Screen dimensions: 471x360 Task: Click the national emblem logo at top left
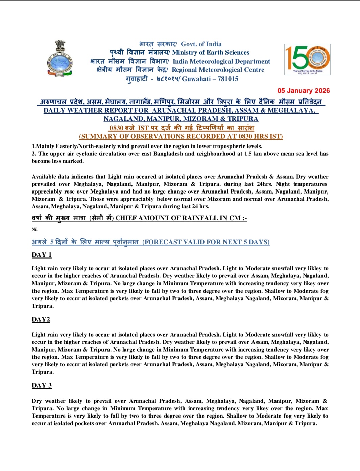tap(59, 58)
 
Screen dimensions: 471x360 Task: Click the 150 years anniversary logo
tap(307, 59)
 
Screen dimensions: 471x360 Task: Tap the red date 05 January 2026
tap(303, 91)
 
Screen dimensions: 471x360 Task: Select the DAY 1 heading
tap(42, 255)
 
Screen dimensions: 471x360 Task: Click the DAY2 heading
tap(41, 319)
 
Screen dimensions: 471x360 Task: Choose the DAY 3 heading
tap(42, 385)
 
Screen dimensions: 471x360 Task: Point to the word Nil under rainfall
tap(34, 229)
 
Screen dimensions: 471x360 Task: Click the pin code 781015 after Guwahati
tap(228, 79)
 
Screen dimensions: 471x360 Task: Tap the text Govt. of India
tap(201, 44)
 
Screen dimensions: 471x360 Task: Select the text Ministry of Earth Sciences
tap(211, 52)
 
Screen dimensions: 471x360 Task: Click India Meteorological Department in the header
tap(221, 61)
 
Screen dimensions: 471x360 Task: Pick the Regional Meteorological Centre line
tap(218, 70)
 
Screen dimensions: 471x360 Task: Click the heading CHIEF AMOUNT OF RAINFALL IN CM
tap(181, 218)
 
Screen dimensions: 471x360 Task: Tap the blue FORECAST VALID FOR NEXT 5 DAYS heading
tap(206, 242)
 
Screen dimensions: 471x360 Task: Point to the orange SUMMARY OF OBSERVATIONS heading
tap(181, 136)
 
